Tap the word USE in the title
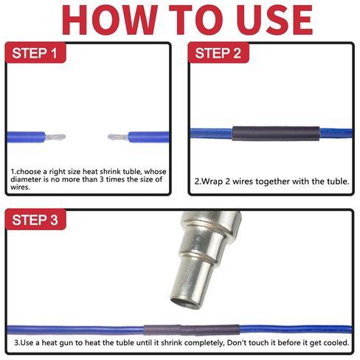(x=274, y=20)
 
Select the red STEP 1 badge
(x=35, y=52)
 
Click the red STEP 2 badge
(x=218, y=52)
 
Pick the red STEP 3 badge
(x=35, y=219)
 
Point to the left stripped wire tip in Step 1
(x=55, y=136)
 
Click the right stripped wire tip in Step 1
(x=118, y=136)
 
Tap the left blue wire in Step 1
(x=26, y=137)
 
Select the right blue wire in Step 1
(x=148, y=137)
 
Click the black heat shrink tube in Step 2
(x=276, y=134)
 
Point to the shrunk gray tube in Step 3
(x=191, y=330)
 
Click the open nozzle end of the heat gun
(x=186, y=302)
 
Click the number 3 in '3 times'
(x=102, y=179)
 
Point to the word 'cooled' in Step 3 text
(x=336, y=343)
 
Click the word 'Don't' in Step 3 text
(x=235, y=342)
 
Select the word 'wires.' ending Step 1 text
(x=20, y=187)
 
